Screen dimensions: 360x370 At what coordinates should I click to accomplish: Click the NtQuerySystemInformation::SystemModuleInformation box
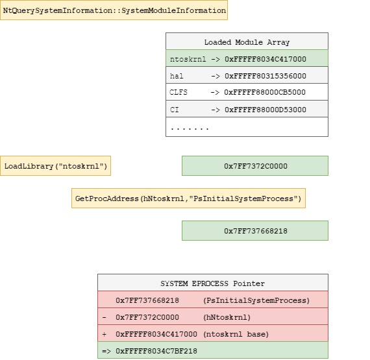114,11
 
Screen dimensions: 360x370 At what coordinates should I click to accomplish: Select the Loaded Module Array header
247,42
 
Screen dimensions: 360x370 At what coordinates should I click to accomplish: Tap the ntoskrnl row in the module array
247,59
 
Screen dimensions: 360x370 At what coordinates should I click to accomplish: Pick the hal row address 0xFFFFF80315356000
265,76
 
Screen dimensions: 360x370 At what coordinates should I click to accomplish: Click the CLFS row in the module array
247,93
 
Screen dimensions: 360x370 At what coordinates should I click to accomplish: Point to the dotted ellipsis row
190,128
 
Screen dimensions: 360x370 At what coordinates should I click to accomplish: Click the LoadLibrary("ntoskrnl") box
55,167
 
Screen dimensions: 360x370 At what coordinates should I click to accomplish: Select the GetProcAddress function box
188,198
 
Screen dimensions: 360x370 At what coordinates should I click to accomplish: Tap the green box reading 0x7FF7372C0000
256,166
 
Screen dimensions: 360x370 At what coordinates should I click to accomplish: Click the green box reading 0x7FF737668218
256,230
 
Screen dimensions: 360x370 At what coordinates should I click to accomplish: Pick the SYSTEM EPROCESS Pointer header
212,283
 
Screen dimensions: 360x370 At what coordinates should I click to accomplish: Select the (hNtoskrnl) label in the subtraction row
226,317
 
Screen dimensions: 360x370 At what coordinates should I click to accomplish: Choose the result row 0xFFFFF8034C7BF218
212,351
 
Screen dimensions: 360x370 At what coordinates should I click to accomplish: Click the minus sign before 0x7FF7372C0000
105,317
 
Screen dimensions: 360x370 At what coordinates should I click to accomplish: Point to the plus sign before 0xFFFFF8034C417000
105,334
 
